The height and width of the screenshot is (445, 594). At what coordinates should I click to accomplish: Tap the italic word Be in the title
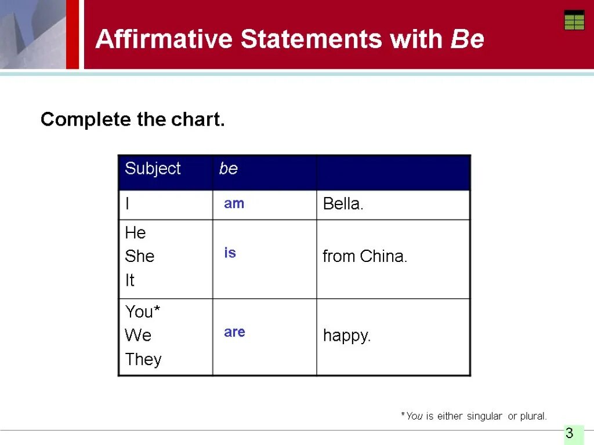467,39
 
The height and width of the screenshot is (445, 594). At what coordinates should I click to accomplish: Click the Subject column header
153,169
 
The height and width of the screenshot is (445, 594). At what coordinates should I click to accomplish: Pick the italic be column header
229,169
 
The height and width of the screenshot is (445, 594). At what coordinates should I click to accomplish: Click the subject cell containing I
128,204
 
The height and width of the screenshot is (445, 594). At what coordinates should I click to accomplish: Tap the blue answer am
234,203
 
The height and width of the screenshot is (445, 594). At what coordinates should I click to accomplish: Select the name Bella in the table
342,204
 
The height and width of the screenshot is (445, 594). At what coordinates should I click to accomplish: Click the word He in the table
135,233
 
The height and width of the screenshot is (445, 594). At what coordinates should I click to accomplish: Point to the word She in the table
140,256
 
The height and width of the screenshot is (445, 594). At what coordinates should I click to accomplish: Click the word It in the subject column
129,280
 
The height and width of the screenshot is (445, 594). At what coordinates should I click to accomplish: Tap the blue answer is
230,253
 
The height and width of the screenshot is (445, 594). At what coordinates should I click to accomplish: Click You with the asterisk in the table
143,312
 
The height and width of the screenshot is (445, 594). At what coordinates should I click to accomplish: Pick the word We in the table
138,335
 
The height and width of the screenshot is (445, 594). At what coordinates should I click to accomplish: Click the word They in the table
143,359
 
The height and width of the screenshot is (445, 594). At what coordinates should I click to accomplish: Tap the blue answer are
234,332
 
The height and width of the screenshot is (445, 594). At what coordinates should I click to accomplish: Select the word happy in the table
346,336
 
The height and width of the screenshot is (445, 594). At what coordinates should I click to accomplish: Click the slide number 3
570,433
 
